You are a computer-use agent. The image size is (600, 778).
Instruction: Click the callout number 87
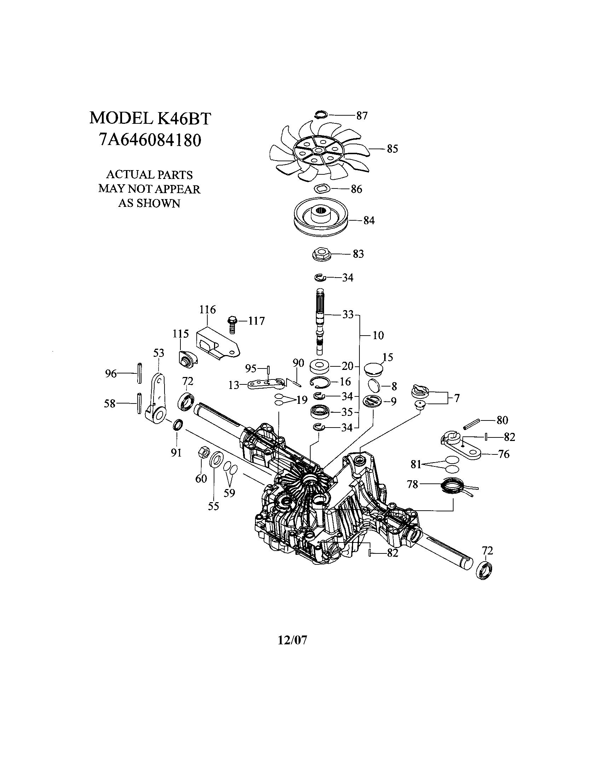click(362, 116)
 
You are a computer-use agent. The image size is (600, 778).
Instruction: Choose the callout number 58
click(110, 403)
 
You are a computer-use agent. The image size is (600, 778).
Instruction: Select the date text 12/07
click(292, 640)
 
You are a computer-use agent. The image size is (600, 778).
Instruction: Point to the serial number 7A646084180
click(150, 140)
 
